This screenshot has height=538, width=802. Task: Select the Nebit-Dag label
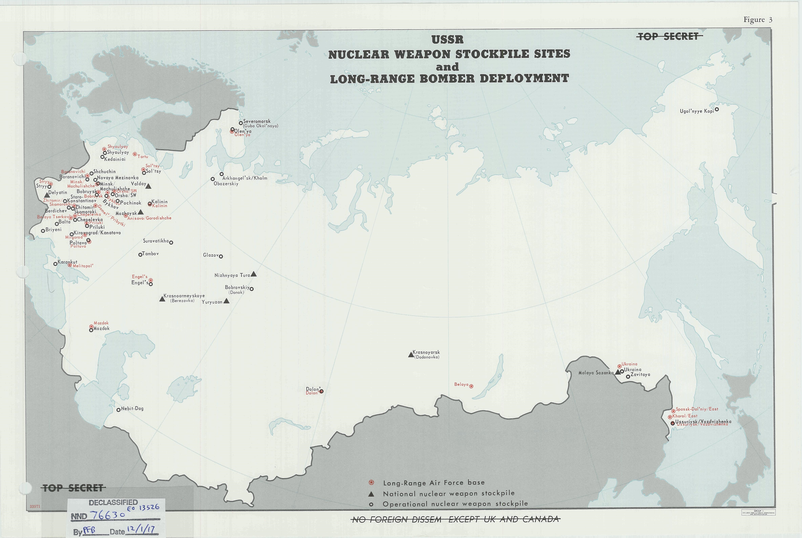coord(132,408)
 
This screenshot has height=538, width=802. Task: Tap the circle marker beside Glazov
coord(221,256)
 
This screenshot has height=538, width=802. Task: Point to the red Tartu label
coord(143,156)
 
